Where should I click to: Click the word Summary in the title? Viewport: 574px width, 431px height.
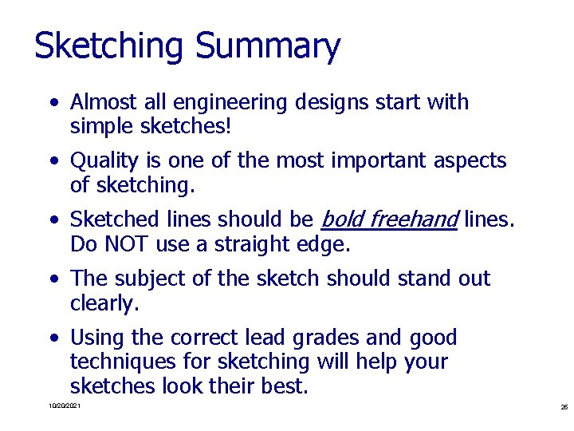(267, 46)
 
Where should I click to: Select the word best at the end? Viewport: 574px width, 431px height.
(284, 386)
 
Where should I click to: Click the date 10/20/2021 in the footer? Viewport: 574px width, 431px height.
(64, 407)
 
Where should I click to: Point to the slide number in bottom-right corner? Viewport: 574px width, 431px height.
(564, 407)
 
